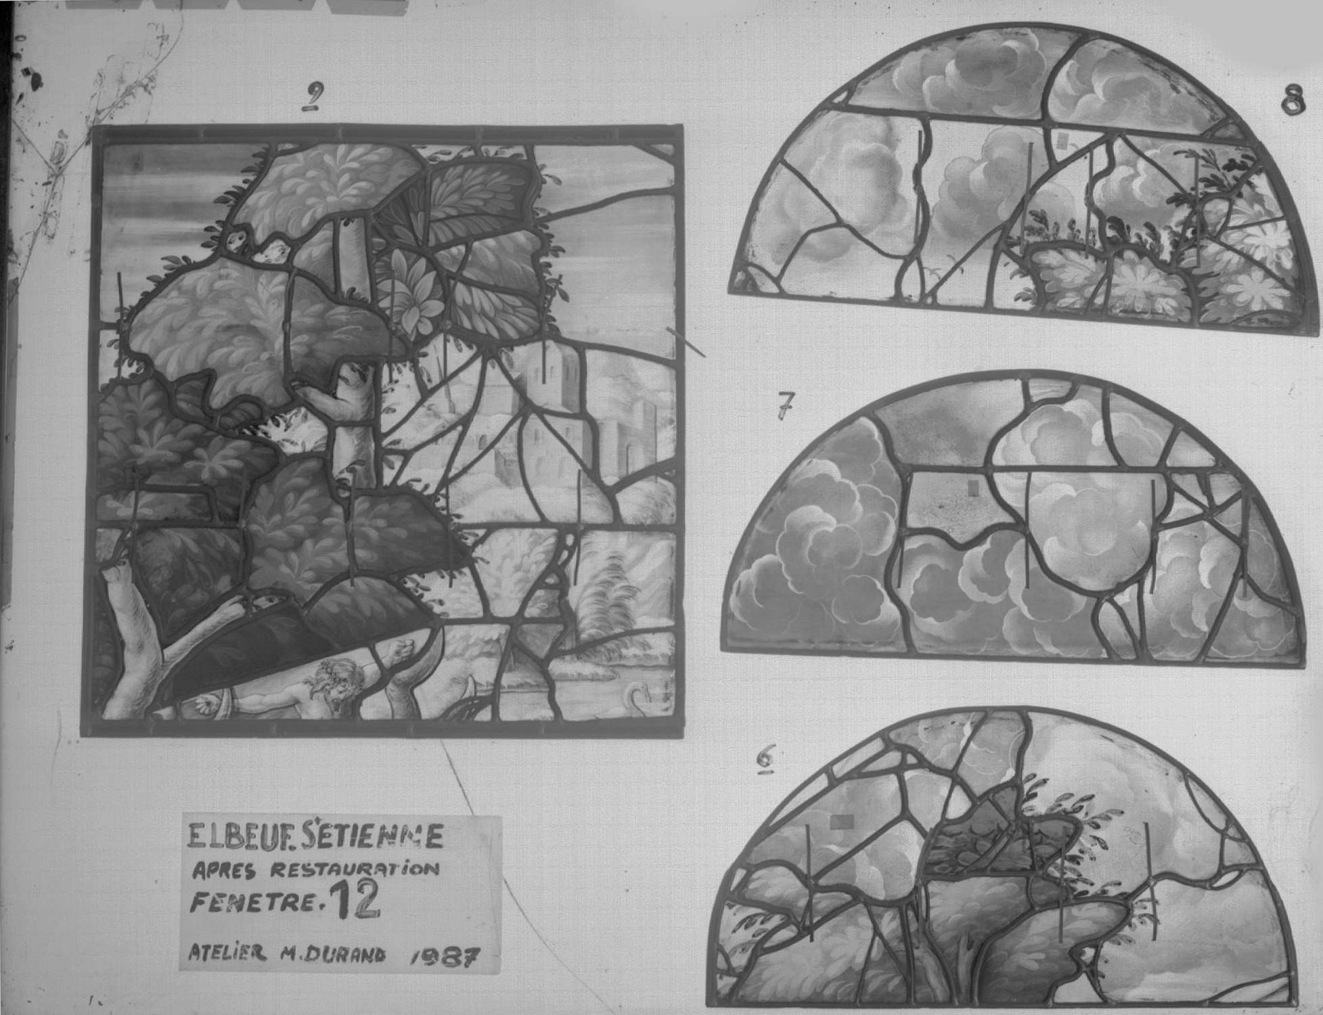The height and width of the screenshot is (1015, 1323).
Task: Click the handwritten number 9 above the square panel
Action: tap(312, 99)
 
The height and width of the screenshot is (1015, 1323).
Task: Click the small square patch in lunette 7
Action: tap(974, 487)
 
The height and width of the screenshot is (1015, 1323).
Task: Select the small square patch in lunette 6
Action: tap(841, 821)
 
